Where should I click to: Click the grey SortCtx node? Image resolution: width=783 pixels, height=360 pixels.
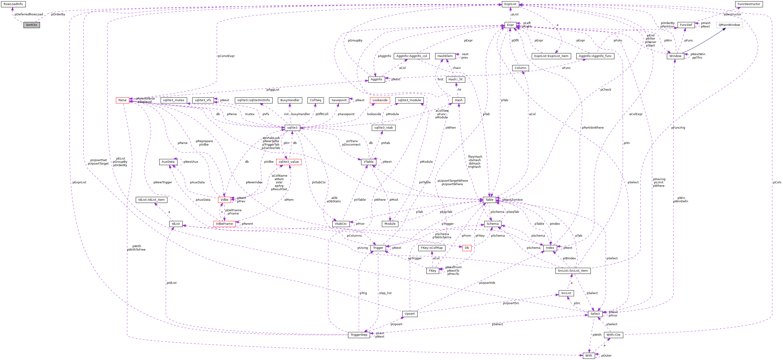32,25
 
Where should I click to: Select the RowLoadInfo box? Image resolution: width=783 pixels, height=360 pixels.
13,4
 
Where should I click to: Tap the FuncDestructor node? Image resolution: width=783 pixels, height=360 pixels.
749,4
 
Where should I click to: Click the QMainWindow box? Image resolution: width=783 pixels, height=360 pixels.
729,25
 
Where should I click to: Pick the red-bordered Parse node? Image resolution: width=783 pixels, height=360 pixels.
123,100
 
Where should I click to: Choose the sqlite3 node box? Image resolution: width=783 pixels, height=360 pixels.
292,128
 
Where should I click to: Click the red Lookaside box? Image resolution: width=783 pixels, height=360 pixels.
380,100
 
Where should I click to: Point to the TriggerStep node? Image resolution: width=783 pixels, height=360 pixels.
359,335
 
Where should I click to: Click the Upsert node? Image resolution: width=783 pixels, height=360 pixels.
409,314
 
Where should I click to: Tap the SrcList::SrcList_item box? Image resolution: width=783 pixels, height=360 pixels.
573,271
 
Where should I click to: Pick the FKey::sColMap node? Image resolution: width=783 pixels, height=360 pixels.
432,248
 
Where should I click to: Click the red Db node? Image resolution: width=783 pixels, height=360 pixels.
467,248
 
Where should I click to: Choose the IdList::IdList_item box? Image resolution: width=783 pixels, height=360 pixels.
151,200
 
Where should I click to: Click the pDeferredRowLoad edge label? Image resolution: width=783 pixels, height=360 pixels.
29,14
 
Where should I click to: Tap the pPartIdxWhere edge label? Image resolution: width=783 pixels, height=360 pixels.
592,128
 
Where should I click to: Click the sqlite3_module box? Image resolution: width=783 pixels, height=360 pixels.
409,100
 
